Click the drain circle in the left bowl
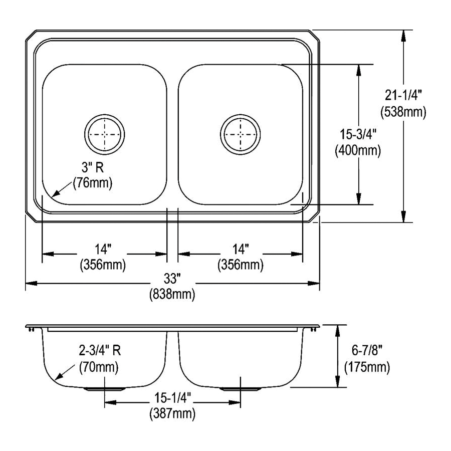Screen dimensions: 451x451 tap(104, 134)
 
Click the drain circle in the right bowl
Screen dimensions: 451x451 tap(240, 134)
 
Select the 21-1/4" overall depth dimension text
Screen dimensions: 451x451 tap(403, 93)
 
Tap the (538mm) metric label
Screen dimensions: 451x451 tap(403, 112)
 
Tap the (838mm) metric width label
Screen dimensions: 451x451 tap(172, 295)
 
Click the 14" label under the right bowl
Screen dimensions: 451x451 tap(240, 248)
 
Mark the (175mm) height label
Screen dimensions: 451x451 tap(367, 367)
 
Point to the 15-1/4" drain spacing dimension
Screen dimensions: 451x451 tap(172, 397)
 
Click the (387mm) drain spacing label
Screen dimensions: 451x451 tap(172, 413)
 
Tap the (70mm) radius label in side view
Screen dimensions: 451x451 tap(99, 367)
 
